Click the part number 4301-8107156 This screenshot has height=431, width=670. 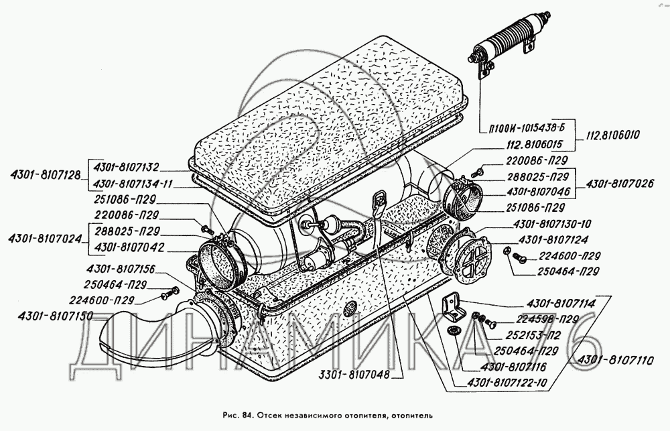(x=120, y=269)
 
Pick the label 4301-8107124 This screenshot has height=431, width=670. (x=549, y=239)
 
